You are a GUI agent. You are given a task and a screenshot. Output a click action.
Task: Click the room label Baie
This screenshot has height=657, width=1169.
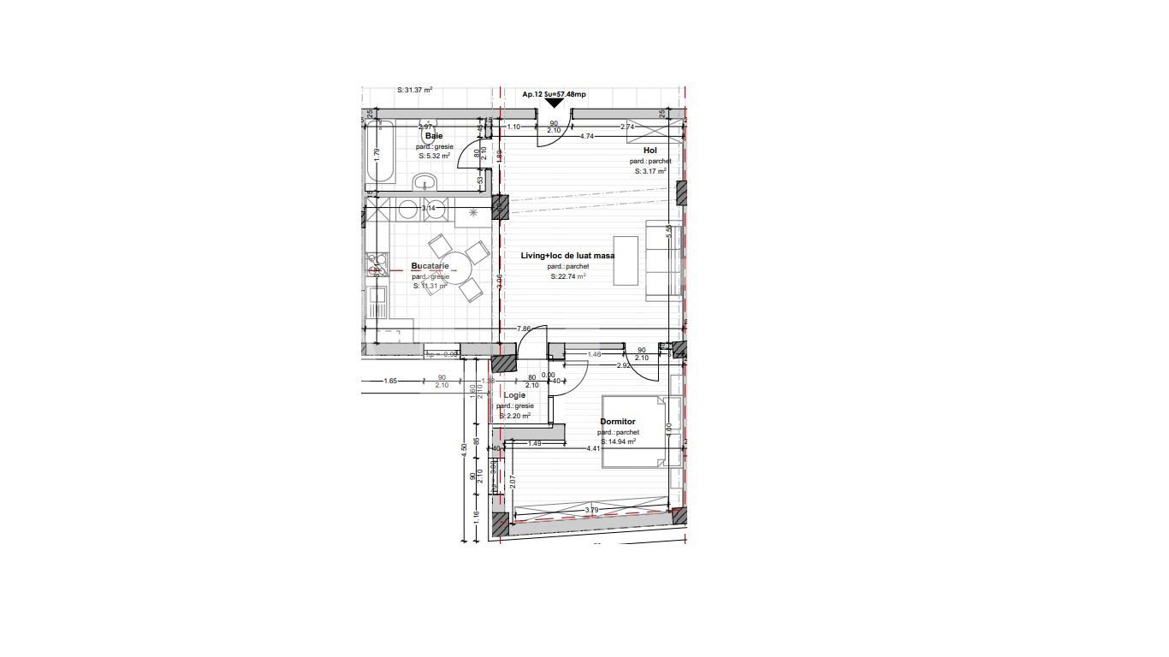pyautogui.click(x=434, y=136)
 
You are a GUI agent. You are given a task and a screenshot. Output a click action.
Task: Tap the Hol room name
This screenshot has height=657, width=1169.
pyautogui.click(x=650, y=151)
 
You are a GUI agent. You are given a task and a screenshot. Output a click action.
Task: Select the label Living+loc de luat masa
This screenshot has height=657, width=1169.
pyautogui.click(x=567, y=256)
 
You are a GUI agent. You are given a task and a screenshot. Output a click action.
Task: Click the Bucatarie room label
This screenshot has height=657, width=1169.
pyautogui.click(x=430, y=266)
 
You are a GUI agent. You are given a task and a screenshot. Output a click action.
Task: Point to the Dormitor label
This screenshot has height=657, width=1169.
pyautogui.click(x=617, y=422)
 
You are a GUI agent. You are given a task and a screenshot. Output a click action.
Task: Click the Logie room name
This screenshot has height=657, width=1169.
pyautogui.click(x=514, y=395)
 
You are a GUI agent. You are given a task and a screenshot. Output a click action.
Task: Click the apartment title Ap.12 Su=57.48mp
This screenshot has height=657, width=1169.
pyautogui.click(x=554, y=94)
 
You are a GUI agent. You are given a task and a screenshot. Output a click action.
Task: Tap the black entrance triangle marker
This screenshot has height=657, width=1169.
pyautogui.click(x=555, y=104)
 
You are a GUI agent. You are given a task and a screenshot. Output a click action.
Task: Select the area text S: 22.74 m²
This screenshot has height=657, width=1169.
pyautogui.click(x=567, y=276)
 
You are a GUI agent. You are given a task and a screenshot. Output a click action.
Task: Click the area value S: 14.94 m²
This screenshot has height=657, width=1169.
pyautogui.click(x=618, y=442)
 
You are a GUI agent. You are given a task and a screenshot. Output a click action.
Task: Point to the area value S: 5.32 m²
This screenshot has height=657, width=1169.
pyautogui.click(x=435, y=157)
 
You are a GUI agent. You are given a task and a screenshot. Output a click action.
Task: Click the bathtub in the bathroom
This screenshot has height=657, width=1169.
pyautogui.click(x=381, y=154)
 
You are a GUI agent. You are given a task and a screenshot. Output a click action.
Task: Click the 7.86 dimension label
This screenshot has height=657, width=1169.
pyautogui.click(x=524, y=329)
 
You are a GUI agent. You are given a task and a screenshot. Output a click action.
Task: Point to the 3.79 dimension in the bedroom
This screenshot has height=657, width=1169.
pyautogui.click(x=591, y=511)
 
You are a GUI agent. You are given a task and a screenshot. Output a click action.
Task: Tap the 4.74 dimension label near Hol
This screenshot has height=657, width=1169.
pyautogui.click(x=587, y=136)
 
